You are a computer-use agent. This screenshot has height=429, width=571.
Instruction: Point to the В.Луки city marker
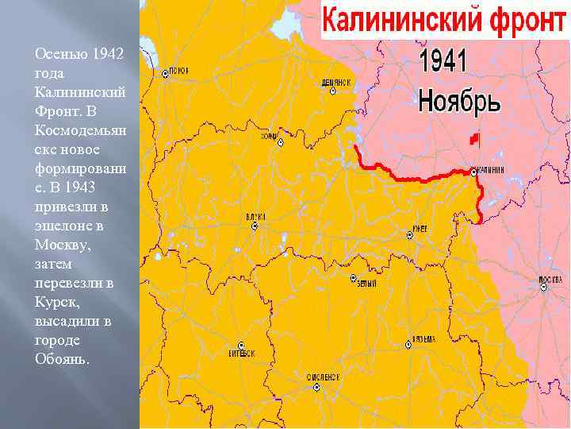(x=255, y=226)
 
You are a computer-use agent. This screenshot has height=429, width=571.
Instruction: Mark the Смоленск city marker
(x=316, y=387)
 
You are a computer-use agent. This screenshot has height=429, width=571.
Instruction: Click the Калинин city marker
(x=473, y=171)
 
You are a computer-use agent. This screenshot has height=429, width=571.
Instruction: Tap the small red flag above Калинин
(x=474, y=139)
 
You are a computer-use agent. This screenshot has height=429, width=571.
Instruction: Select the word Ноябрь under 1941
(x=459, y=102)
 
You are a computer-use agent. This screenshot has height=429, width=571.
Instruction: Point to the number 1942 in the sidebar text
(x=108, y=54)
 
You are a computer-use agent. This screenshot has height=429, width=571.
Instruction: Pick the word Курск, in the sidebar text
(x=54, y=302)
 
